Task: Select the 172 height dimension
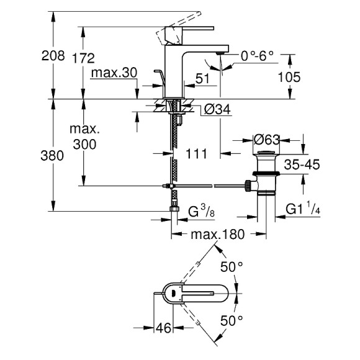tap(83, 58)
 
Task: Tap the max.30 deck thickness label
tap(113, 73)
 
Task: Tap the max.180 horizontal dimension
tap(217, 234)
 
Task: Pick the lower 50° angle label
tap(232, 321)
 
